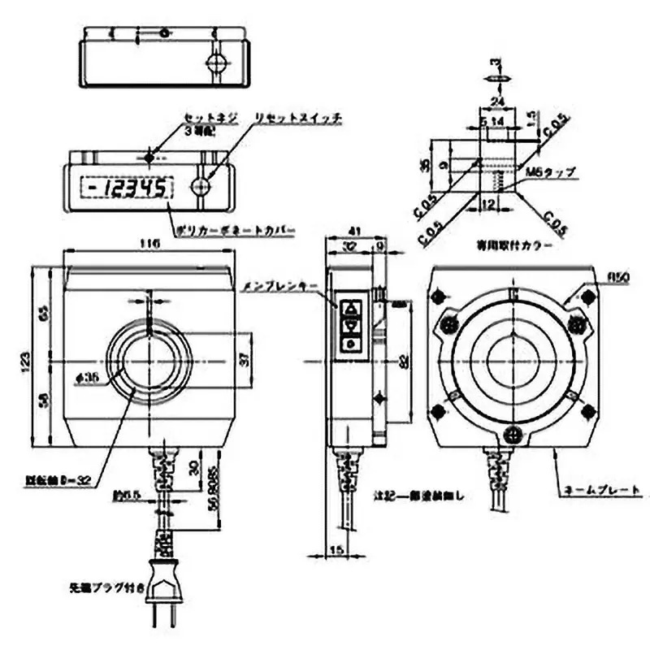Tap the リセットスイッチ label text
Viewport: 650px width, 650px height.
297,119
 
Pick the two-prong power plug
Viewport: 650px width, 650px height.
167,589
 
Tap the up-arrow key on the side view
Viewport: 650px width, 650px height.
350,309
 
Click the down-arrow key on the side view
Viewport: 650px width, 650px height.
350,326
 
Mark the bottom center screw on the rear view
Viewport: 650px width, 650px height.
511,433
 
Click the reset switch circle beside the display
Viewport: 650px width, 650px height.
201,188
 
